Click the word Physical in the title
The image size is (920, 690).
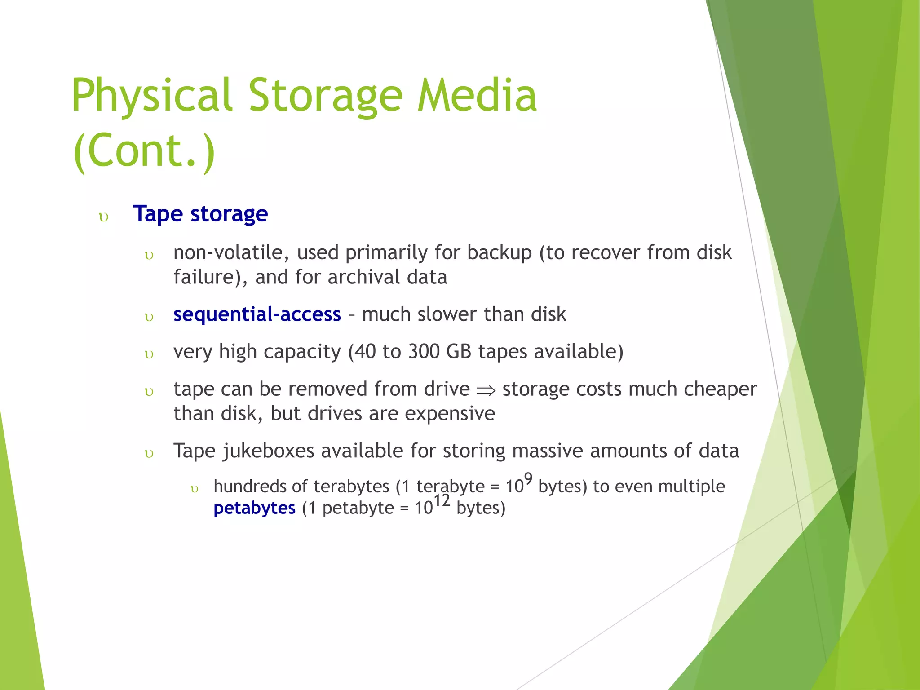coord(152,96)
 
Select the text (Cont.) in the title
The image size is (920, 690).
coord(144,150)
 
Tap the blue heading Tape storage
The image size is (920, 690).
coord(200,214)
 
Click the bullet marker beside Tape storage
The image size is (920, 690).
coord(104,218)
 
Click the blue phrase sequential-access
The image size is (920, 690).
coord(257,314)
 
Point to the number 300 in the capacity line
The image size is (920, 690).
coord(424,352)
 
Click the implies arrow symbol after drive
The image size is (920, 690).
coord(486,391)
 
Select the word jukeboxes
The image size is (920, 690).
coord(268,451)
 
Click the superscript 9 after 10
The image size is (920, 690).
coord(528,479)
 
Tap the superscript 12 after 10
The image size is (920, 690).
coord(442,500)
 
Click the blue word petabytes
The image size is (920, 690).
coord(254,509)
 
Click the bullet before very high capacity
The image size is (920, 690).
coord(149,355)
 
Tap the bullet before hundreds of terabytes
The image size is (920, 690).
coord(195,489)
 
